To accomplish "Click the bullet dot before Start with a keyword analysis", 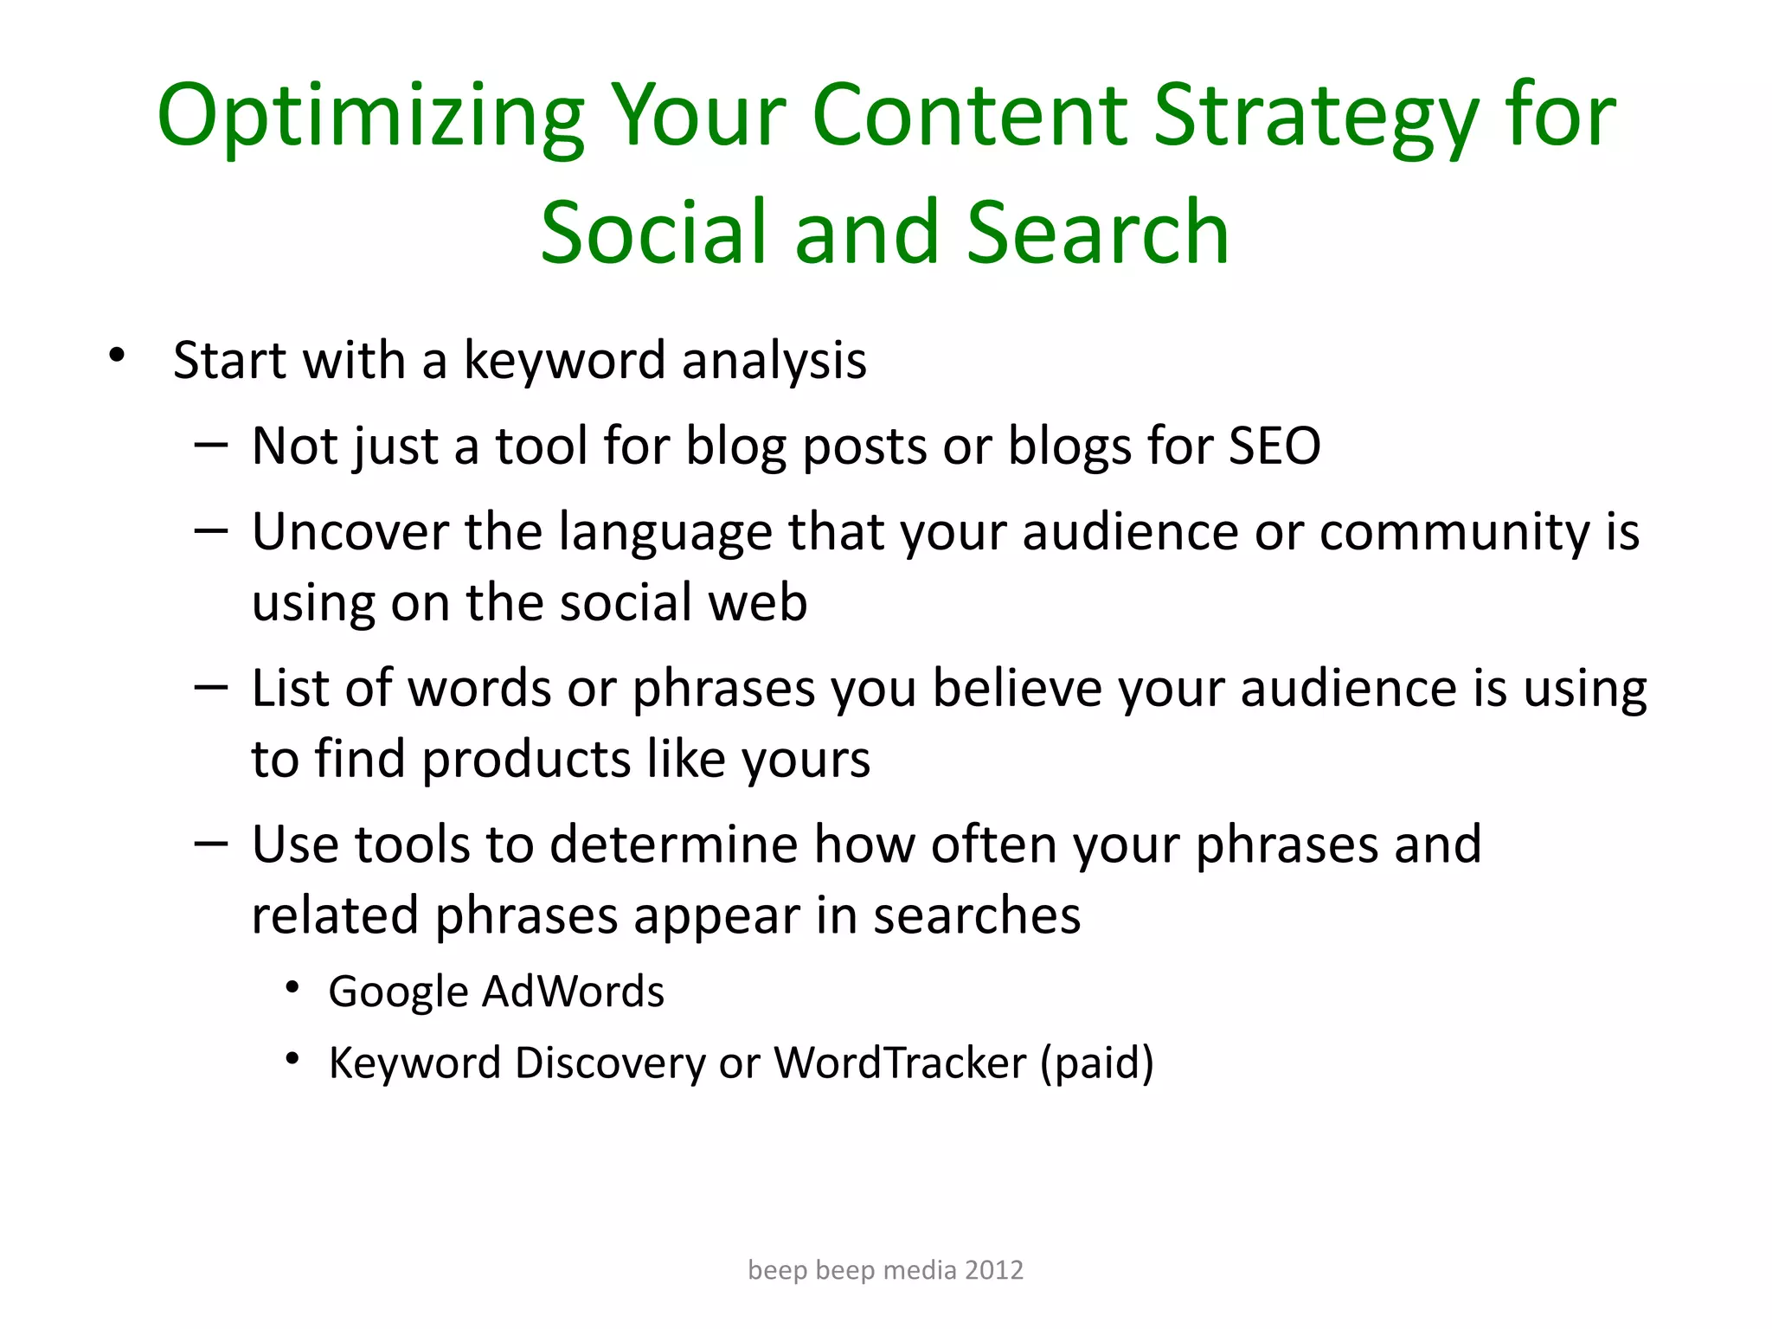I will pos(117,356).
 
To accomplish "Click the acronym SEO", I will pos(1274,446).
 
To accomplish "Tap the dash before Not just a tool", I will pos(211,446).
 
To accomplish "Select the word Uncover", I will pos(350,532).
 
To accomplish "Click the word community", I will pos(1454,532).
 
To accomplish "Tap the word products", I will pos(526,760).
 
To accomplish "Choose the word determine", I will pos(673,844).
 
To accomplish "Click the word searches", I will pos(977,915).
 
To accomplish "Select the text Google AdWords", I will pos(496,992).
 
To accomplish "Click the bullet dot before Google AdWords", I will pos(292,987).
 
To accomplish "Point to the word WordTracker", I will pos(900,1063).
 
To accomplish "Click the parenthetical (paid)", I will pos(1096,1063).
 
